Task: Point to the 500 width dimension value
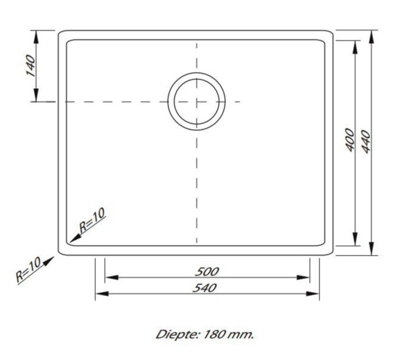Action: pos(207,271)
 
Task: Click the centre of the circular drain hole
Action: pos(197,101)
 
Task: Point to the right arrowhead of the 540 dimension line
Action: pos(314,293)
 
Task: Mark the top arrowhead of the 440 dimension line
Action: pos(372,35)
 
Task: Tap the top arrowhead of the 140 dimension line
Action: pos(37,35)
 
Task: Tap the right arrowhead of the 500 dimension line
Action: pos(305,278)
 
